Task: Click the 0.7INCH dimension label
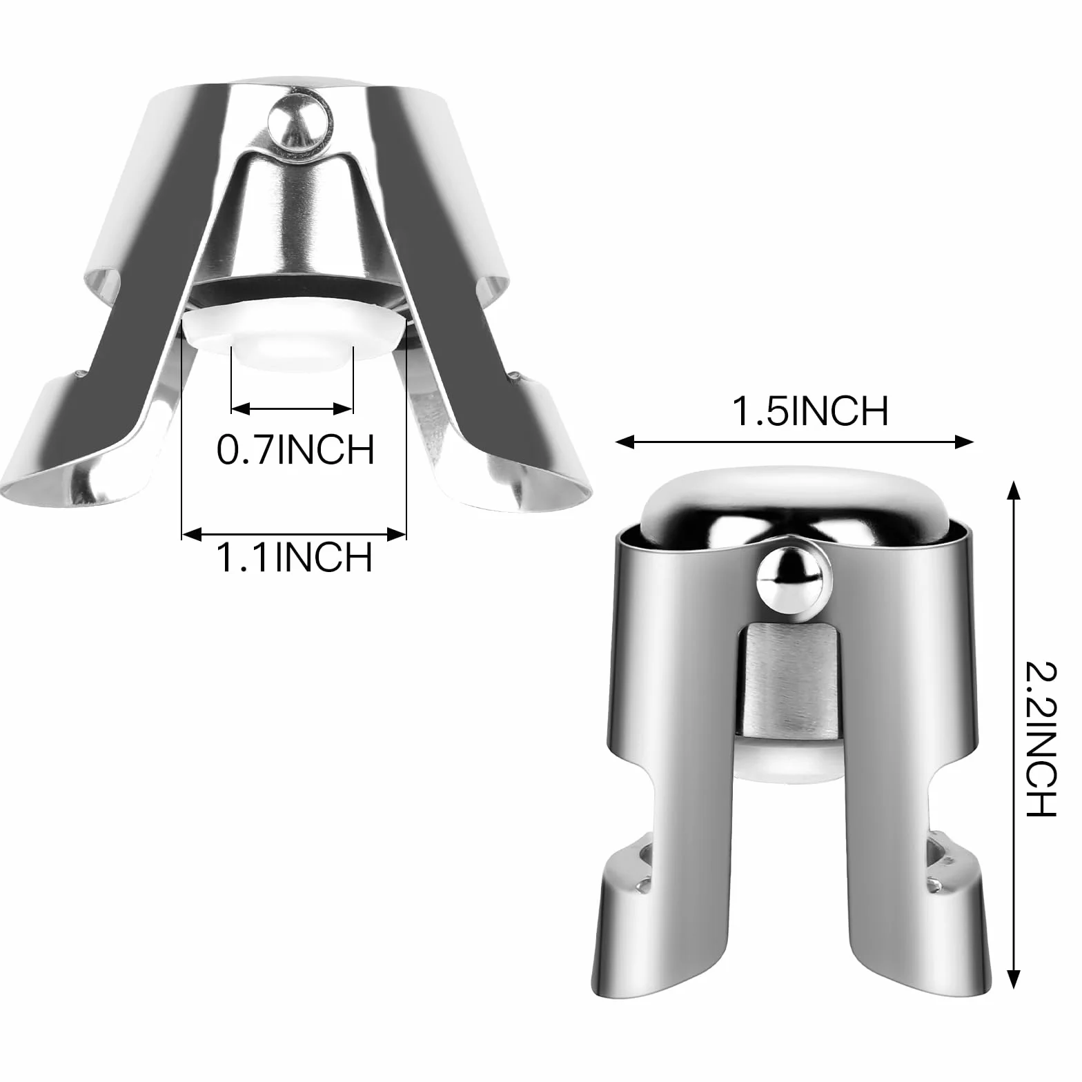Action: pos(295,449)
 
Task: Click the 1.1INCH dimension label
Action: pos(295,557)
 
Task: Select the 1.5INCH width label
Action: pos(809,412)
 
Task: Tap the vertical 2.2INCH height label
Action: pos(1040,738)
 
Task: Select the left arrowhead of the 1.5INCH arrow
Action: pos(624,442)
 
